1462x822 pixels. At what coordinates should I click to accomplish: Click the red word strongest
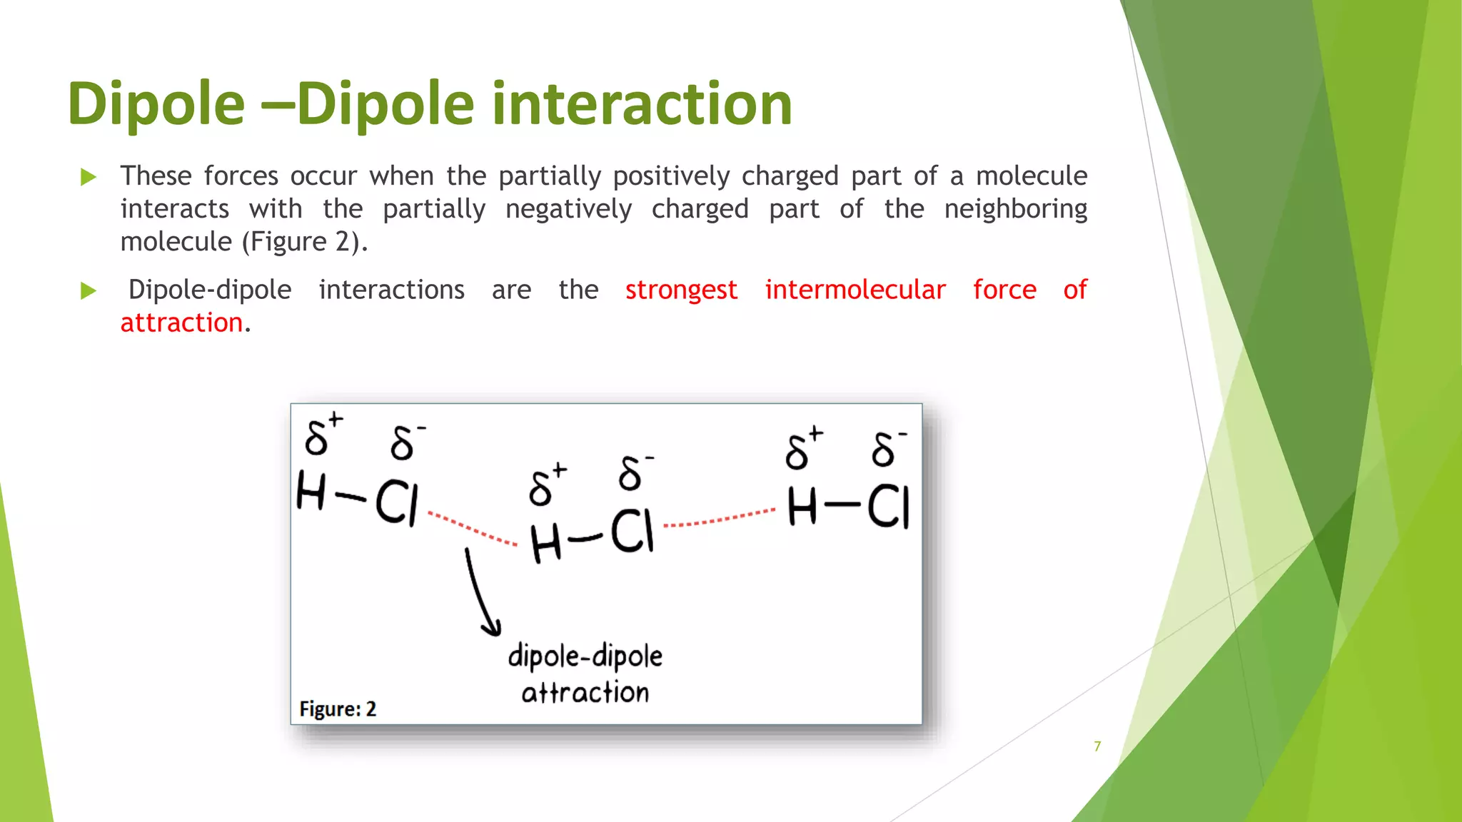pos(681,290)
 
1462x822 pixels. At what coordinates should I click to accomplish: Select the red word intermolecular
pos(855,290)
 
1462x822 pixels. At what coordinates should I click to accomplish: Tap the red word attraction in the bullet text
pos(181,323)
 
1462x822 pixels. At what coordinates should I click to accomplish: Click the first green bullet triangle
pos(89,177)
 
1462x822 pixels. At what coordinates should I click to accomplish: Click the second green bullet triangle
pos(89,290)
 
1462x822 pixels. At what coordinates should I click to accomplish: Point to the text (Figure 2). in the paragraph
pos(305,242)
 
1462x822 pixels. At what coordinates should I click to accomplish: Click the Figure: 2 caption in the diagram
pos(338,709)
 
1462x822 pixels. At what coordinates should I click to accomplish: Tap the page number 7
pos(1097,746)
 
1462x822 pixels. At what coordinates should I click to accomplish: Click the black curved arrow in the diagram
pos(479,592)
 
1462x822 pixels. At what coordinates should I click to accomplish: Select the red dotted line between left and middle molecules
pos(473,529)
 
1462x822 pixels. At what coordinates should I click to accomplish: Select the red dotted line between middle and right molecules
pos(719,519)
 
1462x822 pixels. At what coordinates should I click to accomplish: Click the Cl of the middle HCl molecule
pos(632,532)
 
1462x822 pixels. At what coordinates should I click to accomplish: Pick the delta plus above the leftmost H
pos(322,435)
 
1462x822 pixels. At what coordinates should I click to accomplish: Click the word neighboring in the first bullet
pos(1015,209)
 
